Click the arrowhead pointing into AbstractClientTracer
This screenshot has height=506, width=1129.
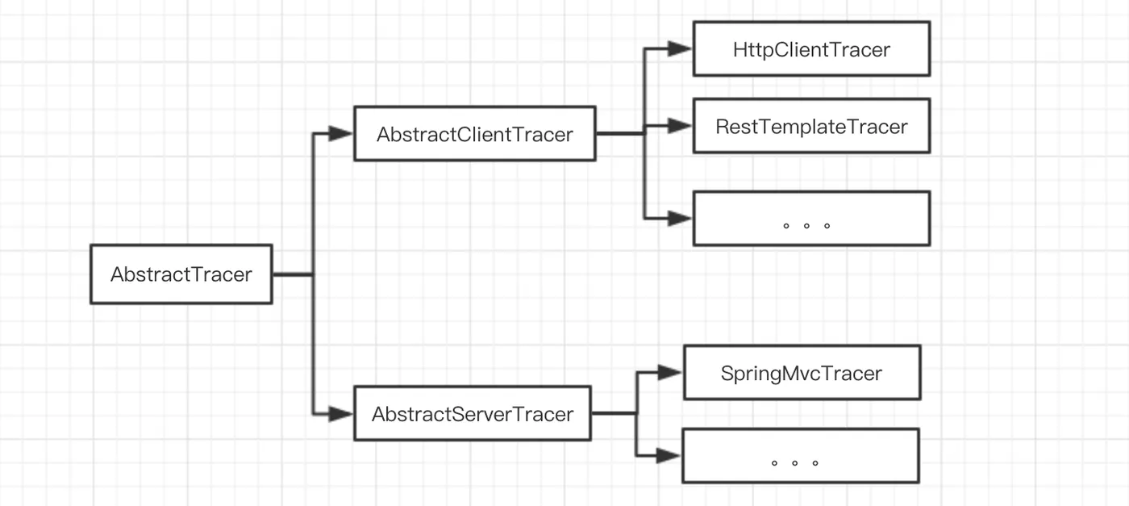[340, 133]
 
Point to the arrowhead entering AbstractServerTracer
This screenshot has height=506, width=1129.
[340, 414]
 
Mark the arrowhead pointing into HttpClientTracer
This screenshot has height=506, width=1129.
[680, 48]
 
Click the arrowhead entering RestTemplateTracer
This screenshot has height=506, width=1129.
[680, 126]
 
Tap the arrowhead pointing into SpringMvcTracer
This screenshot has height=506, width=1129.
[670, 372]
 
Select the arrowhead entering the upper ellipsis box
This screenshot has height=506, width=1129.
[680, 219]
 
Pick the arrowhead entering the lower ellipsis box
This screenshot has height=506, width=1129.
[669, 455]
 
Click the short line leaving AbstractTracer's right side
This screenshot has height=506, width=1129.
[293, 274]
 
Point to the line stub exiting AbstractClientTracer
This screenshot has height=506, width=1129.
[620, 133]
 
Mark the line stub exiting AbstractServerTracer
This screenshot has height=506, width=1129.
[614, 413]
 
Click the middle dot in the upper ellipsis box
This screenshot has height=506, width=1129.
[806, 225]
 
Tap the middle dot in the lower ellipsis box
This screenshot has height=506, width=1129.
[795, 462]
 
